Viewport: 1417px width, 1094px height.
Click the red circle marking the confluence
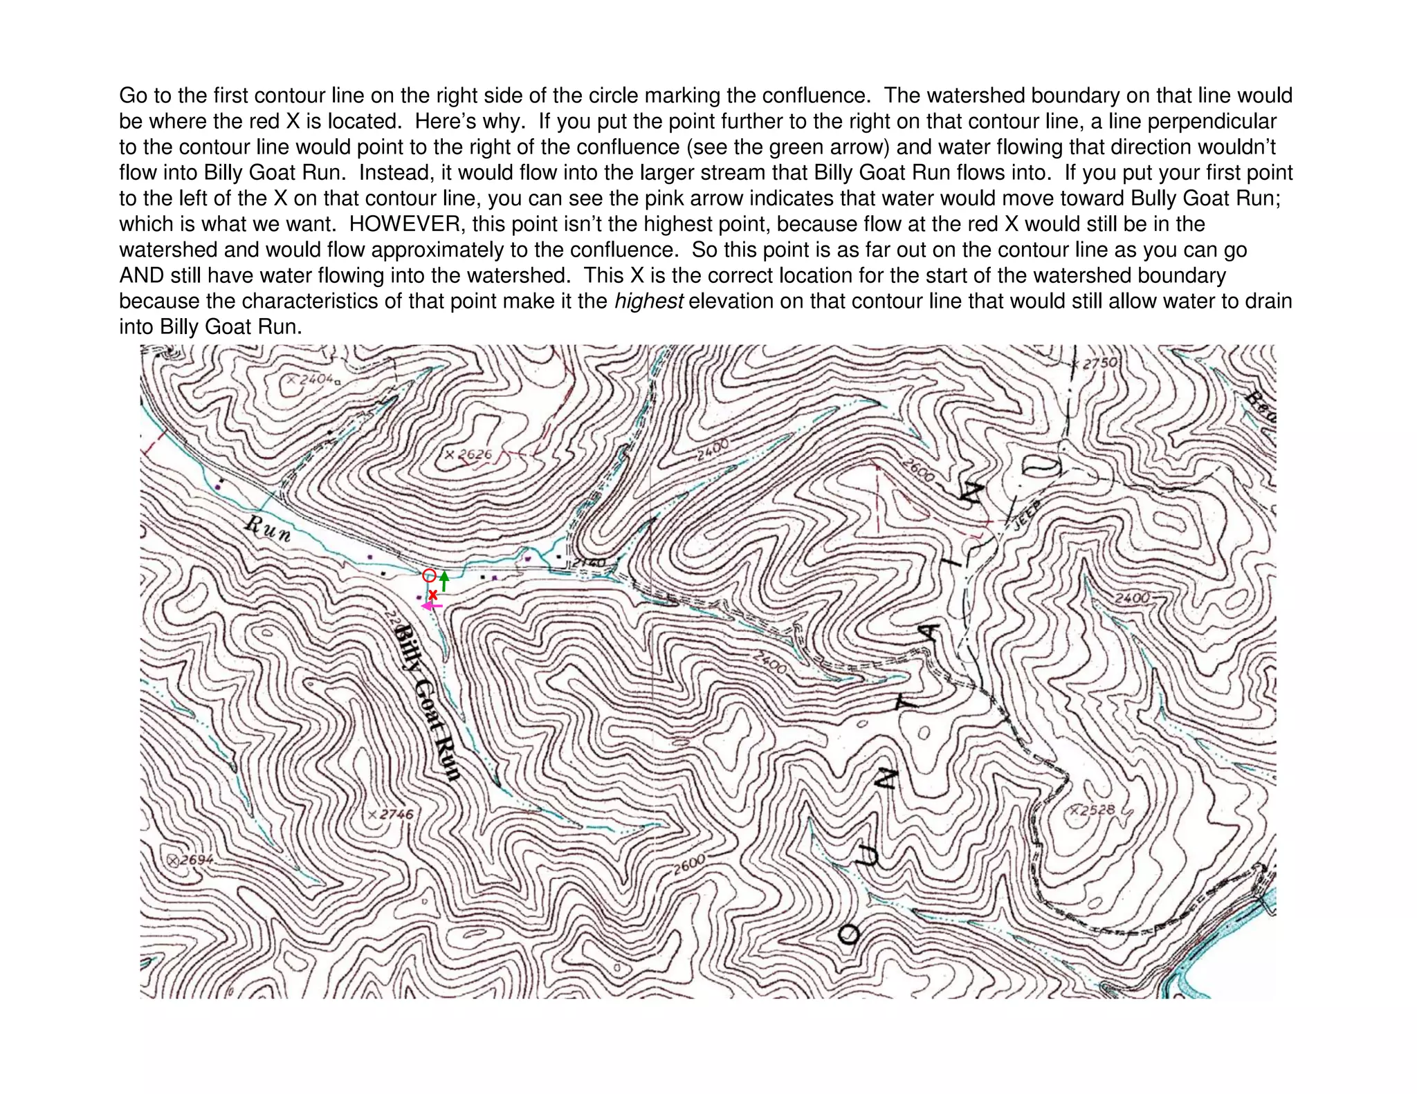429,575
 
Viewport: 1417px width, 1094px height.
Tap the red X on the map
433,595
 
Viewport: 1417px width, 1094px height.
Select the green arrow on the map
444,581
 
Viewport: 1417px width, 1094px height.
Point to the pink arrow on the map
432,606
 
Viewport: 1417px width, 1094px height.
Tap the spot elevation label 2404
315,379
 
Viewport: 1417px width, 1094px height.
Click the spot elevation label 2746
396,814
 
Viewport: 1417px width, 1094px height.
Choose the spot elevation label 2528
1098,810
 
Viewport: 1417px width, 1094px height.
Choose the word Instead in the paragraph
396,173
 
